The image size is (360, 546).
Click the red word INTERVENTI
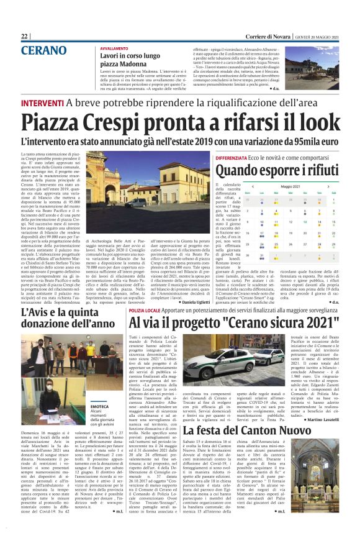point(42,102)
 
